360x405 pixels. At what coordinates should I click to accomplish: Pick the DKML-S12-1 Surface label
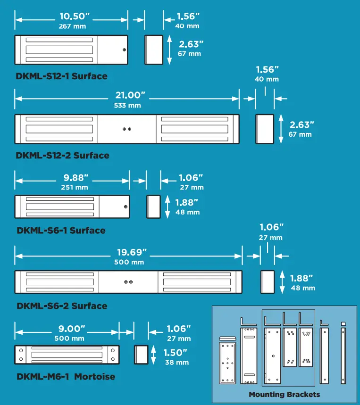[x=61, y=76]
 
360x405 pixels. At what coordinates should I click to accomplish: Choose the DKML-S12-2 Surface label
[x=62, y=155]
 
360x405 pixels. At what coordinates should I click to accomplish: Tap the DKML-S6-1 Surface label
[x=61, y=231]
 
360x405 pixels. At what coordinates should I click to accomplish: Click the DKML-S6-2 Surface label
[x=62, y=306]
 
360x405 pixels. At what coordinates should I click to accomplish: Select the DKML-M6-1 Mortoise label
[x=66, y=377]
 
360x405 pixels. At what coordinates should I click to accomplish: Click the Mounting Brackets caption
[x=284, y=394]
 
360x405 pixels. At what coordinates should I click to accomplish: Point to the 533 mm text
[x=127, y=106]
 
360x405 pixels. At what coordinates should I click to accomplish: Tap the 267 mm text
[x=72, y=26]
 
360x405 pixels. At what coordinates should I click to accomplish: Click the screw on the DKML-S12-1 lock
[x=124, y=50]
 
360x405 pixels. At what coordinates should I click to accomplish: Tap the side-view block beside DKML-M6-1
[x=141, y=355]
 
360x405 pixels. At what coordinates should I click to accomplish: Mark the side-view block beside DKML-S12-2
[x=265, y=129]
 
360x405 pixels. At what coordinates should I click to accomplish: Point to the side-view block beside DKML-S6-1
[x=153, y=207]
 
